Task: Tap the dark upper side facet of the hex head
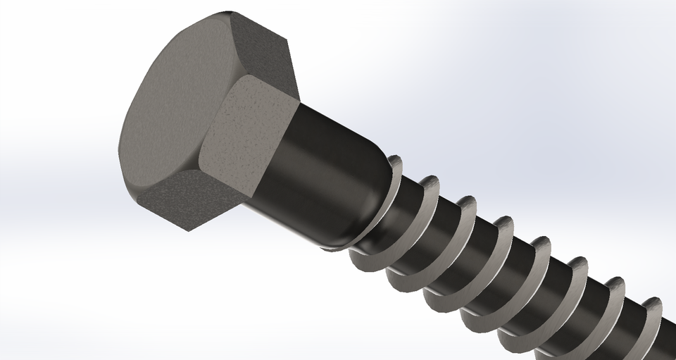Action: coord(261,46)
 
